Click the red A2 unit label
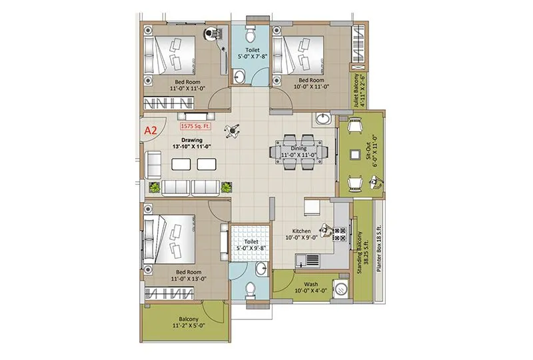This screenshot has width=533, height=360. coord(151,130)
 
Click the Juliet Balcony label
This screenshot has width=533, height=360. coord(360,89)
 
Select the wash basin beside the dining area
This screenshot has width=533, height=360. coord(324,119)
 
